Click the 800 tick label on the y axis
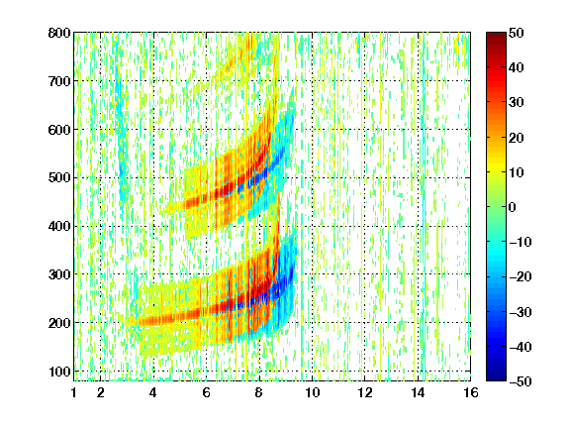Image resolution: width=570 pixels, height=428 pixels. pos(59,33)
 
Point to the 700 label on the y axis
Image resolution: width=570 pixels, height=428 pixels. pos(59,81)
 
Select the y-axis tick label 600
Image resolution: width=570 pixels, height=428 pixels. pos(59,130)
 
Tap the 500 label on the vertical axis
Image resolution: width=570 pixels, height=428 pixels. pos(59,178)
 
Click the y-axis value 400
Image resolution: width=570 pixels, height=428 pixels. pos(59,226)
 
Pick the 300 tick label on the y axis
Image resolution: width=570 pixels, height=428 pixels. pos(59,274)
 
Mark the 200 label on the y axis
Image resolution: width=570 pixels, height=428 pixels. pos(59,323)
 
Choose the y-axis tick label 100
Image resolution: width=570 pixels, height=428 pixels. pos(59,372)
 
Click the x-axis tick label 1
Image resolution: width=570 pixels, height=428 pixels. pos(74,392)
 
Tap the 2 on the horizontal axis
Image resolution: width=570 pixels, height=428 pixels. pos(101,392)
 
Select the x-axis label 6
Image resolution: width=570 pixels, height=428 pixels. pos(207,392)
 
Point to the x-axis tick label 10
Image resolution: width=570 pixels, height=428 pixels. pos(313,392)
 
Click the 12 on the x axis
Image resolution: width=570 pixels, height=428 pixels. pos(365,392)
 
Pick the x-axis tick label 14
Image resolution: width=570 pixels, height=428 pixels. pos(418,392)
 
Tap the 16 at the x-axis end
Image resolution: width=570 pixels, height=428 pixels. pos(471,392)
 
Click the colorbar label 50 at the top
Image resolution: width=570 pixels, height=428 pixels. pos(517,33)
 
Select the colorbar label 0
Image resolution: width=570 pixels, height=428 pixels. pos(513,207)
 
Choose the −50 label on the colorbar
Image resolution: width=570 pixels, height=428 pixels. pos(521,381)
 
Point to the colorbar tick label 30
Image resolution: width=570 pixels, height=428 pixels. pos(517,103)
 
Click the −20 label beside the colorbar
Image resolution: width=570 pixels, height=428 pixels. pos(521,277)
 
